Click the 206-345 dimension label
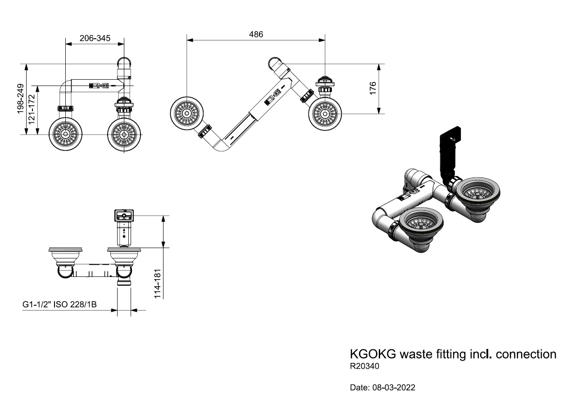coord(95,38)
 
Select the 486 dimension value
coord(256,34)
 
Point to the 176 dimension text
coord(372,88)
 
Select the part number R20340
coord(365,366)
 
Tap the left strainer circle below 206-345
coord(65,134)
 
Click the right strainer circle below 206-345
coord(123,134)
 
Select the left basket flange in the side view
coord(65,249)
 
